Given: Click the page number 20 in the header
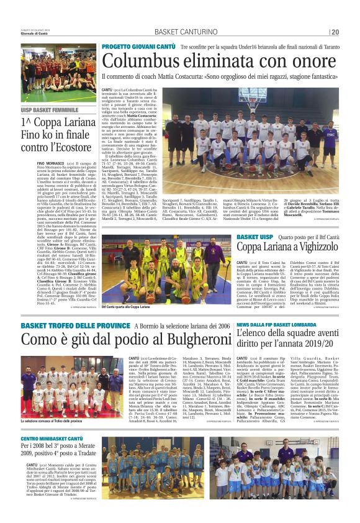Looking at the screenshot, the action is pyautogui.click(x=334, y=32).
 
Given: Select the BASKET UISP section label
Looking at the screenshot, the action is pyautogui.click(x=255, y=237).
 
